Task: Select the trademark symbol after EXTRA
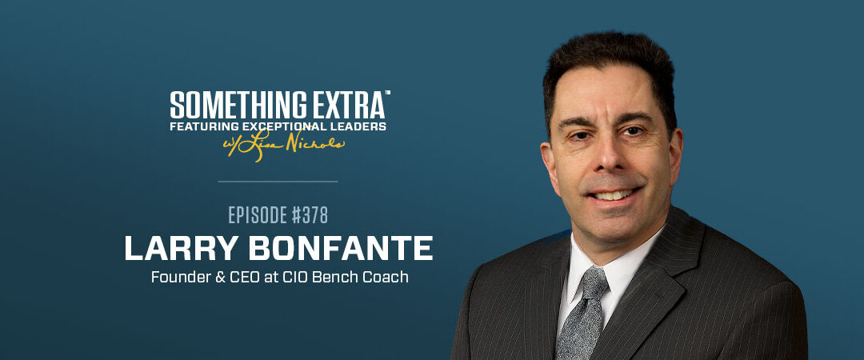click(387, 94)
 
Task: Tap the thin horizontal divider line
click(278, 182)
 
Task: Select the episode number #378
click(305, 215)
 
